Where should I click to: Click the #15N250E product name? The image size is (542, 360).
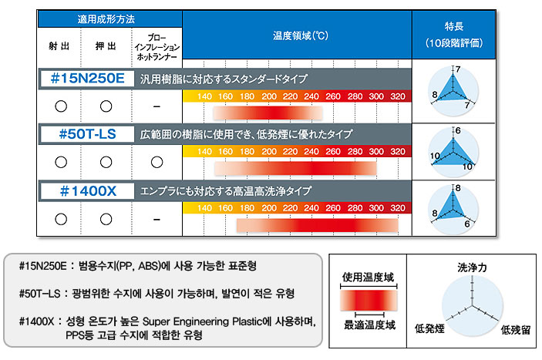tap(87, 79)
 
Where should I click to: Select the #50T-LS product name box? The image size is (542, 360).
tap(87, 134)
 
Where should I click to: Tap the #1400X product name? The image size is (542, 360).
tap(88, 191)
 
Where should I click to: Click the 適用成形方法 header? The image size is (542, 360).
tap(106, 19)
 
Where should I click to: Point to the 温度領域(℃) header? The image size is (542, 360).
tap(301, 35)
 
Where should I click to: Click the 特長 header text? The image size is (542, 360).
tap(454, 26)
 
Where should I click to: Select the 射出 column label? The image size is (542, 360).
tap(59, 46)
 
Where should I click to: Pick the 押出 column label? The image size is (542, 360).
tap(106, 46)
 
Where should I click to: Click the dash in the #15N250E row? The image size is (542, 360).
tap(157, 106)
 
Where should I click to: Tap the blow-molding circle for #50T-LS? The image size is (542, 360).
tap(157, 162)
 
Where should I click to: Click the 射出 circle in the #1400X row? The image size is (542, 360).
tap(61, 219)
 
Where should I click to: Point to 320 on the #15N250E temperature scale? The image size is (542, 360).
tap(398, 96)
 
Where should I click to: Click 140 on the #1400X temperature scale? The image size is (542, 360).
tap(204, 208)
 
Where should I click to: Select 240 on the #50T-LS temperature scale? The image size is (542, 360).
tap(311, 151)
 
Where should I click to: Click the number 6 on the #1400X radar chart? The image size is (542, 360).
tap(467, 224)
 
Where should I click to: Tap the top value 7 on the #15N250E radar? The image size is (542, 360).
tap(458, 69)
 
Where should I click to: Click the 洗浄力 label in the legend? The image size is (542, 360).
tap(472, 267)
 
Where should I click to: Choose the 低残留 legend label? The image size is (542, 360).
tap(515, 330)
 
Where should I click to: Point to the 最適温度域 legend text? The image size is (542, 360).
tap(369, 325)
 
